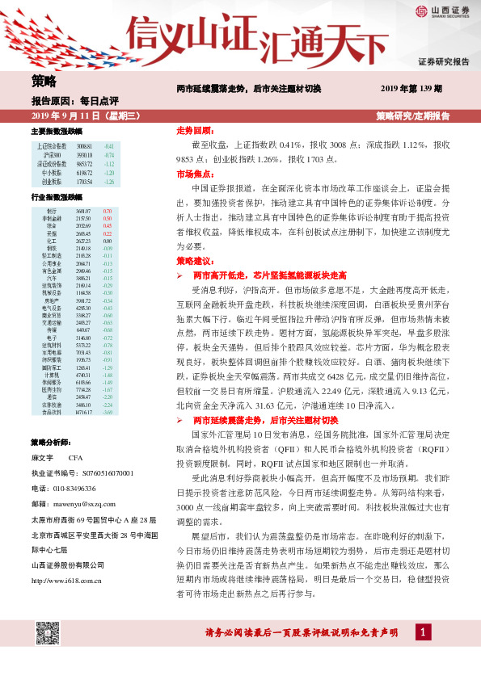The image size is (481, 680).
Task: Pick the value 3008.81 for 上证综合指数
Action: (84, 145)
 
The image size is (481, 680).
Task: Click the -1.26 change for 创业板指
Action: (108, 182)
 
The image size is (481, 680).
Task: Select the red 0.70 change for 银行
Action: (107, 211)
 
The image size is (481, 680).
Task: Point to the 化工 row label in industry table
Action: (51, 241)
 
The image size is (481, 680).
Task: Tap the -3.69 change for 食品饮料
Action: (107, 413)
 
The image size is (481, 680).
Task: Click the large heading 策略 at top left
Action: (44, 80)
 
